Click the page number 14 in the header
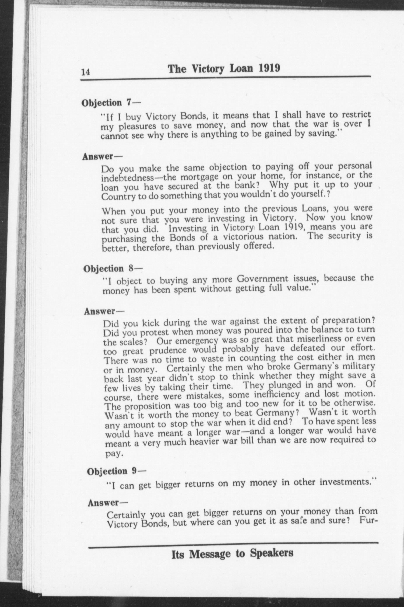(x=86, y=72)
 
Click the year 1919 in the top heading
(x=269, y=68)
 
